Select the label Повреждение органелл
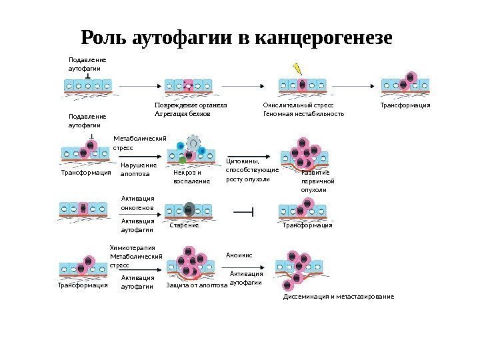[x=191, y=105]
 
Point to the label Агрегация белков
[x=182, y=114]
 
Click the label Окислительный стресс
[x=298, y=105]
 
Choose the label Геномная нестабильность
[x=304, y=114]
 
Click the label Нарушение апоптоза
[x=139, y=169]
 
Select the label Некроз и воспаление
[x=191, y=176]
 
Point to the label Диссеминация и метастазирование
[x=339, y=296]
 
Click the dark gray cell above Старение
[x=189, y=209]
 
